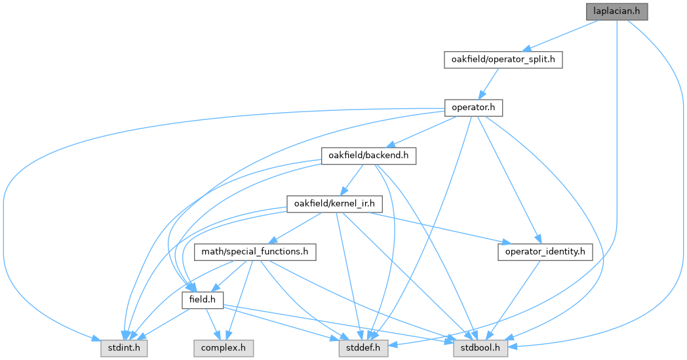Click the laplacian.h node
616,11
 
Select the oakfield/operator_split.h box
503,60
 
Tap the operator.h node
473,108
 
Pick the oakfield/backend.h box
368,155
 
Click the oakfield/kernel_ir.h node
334,204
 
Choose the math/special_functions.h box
255,252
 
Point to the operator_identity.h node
545,252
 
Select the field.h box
203,300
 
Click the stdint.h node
124,348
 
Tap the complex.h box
224,348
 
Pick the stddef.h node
363,348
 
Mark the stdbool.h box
481,348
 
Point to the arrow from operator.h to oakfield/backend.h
421,132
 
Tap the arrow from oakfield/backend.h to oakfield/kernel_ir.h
352,180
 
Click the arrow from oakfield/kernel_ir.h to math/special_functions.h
295,228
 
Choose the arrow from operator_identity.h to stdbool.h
513,300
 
